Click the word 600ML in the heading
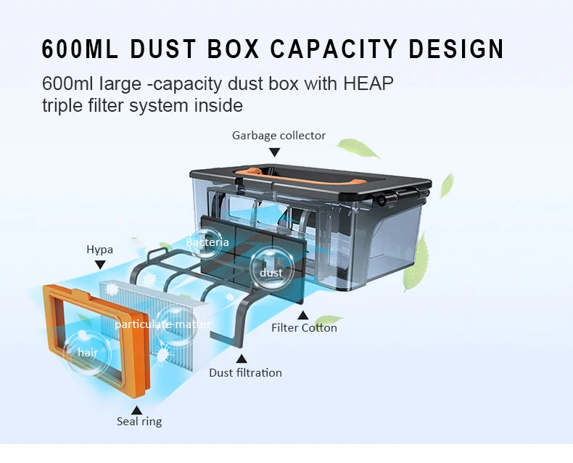(80, 49)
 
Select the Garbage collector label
(279, 136)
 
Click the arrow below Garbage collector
(274, 152)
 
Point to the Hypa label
(99, 250)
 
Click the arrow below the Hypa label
(100, 266)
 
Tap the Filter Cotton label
(304, 327)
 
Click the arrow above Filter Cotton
(303, 315)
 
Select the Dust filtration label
(245, 372)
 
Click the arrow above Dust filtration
(242, 358)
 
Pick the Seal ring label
(139, 421)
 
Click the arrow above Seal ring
(136, 409)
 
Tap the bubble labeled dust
(271, 272)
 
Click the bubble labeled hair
(88, 353)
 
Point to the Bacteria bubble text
(207, 242)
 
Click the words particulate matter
(162, 324)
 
